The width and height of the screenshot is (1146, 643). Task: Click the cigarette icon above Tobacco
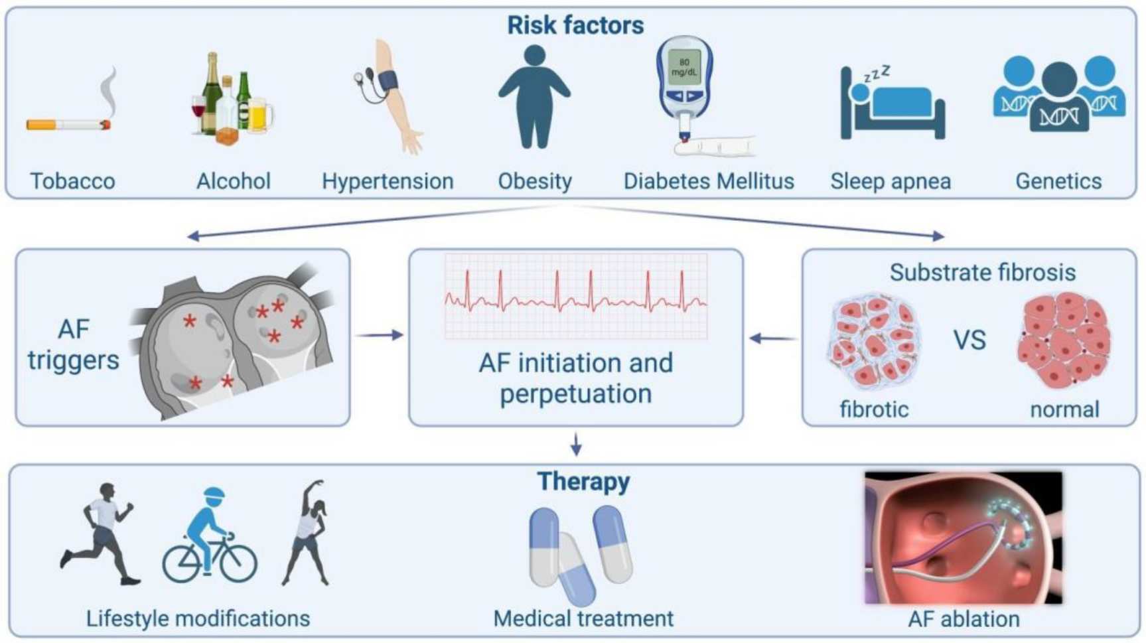(x=69, y=124)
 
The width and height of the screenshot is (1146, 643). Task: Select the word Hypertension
(x=388, y=181)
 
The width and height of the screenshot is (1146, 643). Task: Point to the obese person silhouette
(x=534, y=97)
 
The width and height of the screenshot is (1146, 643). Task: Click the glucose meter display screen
(x=683, y=67)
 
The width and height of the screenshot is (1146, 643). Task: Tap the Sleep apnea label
(x=891, y=181)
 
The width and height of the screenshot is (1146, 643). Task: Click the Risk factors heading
(x=575, y=25)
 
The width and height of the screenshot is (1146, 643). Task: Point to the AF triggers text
(x=73, y=345)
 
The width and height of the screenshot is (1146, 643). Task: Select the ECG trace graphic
(x=575, y=296)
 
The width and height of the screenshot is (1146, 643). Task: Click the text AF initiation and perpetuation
(x=575, y=378)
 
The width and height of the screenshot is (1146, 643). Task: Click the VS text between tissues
(x=969, y=340)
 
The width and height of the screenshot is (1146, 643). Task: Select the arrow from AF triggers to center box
(x=379, y=335)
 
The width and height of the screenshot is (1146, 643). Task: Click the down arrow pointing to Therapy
(x=576, y=444)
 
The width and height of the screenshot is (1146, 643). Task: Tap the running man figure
(x=102, y=534)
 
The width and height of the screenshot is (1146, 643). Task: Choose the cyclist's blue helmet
(x=214, y=495)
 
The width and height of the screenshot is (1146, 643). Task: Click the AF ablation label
(x=964, y=619)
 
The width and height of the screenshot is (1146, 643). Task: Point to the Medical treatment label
(x=583, y=619)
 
